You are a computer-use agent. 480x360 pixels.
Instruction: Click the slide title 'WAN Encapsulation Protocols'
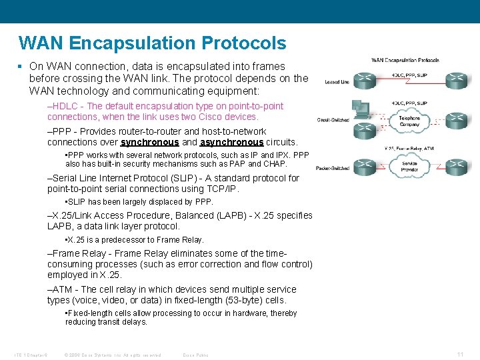153,43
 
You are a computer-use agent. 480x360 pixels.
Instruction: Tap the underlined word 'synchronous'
149,142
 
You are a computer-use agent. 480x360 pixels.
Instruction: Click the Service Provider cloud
409,167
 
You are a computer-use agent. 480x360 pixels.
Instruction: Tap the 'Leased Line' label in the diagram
337,82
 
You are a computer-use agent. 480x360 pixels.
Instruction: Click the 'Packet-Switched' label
333,168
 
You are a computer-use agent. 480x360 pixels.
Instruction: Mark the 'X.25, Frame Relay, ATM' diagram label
409,148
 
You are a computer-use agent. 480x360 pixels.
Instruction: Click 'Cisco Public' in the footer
195,355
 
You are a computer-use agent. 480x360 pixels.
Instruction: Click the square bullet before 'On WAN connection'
21,67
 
